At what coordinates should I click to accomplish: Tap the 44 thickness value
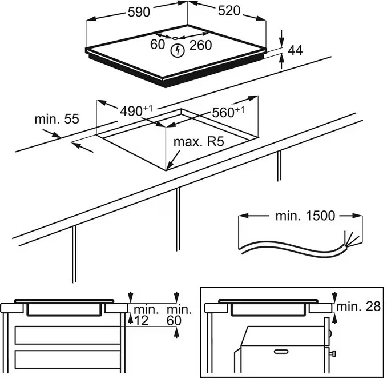point(295,51)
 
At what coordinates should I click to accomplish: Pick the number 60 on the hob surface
point(158,45)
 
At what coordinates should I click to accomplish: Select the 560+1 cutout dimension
point(228,113)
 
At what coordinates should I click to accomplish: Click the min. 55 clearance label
point(57,119)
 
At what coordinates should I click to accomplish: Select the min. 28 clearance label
point(358,307)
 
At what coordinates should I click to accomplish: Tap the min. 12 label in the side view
point(142,315)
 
